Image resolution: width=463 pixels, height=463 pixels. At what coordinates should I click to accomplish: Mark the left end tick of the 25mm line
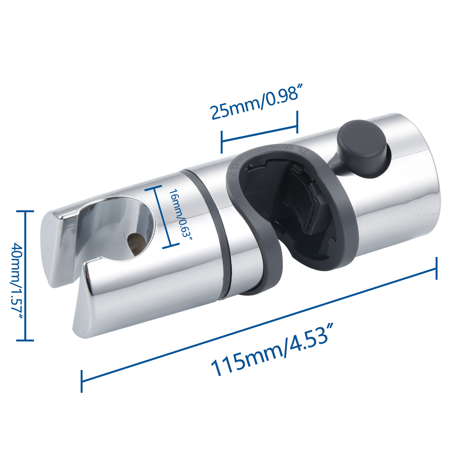pos(222,142)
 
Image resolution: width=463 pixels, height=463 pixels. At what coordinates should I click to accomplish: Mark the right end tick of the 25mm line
pos(297,122)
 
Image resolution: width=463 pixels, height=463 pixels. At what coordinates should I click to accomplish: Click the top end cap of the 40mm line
pos(25,211)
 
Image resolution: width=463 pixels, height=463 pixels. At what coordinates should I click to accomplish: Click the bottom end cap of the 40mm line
pos(25,340)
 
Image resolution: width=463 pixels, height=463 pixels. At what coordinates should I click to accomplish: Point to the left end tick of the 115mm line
pos(82,381)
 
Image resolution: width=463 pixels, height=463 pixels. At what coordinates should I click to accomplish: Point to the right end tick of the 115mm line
pos(436,269)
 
